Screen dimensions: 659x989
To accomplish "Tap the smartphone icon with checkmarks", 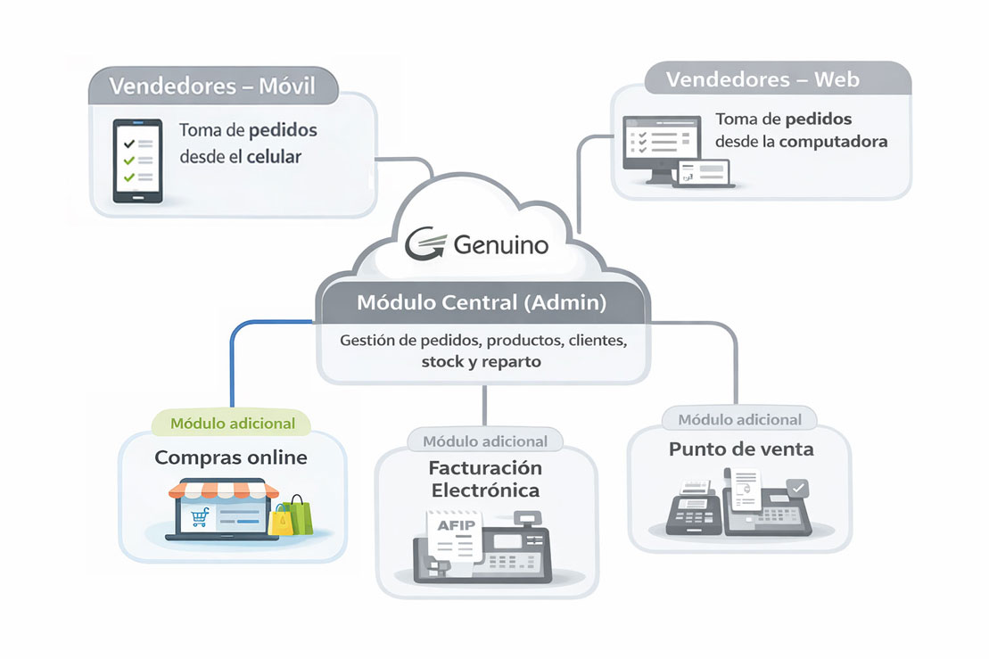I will (136, 161).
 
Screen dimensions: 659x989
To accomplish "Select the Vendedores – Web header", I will (762, 79).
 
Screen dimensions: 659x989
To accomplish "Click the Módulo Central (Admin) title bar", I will (482, 302).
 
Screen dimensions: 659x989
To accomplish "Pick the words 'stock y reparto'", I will (482, 362).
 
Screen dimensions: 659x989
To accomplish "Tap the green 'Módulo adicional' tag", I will (233, 423).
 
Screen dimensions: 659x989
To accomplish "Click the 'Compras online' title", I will (231, 457).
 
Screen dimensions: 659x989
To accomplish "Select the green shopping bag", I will (301, 515).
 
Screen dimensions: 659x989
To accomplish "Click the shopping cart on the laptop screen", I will (198, 518).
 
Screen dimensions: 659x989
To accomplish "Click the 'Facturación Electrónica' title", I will (485, 479).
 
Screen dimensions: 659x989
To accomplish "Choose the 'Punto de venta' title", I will (741, 449).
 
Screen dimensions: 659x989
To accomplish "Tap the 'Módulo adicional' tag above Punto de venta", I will (740, 419).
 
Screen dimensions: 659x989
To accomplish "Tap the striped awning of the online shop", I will (217, 490).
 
